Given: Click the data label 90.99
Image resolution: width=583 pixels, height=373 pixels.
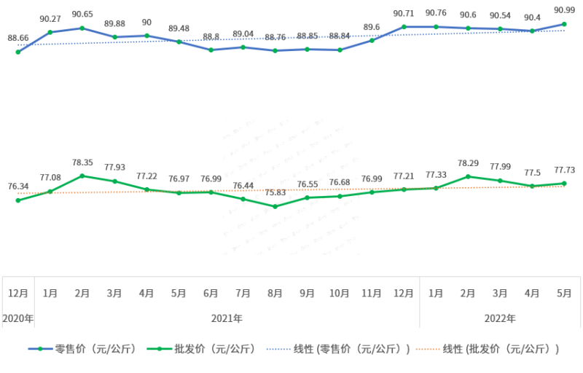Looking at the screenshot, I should pos(564,9).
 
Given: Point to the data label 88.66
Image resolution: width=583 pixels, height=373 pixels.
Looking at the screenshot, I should pos(18,38).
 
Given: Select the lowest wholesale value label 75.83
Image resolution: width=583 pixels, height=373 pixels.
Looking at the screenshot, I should pos(275,192).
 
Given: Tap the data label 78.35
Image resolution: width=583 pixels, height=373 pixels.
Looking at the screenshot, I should pos(82,162).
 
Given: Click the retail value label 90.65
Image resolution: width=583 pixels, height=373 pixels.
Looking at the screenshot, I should pos(82,14).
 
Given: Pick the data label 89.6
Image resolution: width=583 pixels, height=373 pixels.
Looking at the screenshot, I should pos(372,27).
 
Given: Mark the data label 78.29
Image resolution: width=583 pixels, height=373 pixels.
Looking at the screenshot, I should pos(468,163).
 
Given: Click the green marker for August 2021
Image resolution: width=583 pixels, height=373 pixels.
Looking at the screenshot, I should pos(275,206).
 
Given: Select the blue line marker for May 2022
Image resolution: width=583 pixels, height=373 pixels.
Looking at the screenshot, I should pos(564,24).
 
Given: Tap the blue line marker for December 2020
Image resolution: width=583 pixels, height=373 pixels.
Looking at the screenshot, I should pos(17,52).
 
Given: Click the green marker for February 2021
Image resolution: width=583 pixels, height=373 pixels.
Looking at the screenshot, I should pos(82,176).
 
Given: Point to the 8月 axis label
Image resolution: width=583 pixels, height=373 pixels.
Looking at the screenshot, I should pos(275,294).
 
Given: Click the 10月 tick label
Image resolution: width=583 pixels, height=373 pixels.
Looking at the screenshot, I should pos(339,294).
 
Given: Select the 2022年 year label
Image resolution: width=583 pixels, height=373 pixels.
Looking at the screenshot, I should pos(500,318).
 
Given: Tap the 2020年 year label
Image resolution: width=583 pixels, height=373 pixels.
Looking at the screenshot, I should pos(17,318).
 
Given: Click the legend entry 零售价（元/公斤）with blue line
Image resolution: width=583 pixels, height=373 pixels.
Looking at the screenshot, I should pos(79,349).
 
